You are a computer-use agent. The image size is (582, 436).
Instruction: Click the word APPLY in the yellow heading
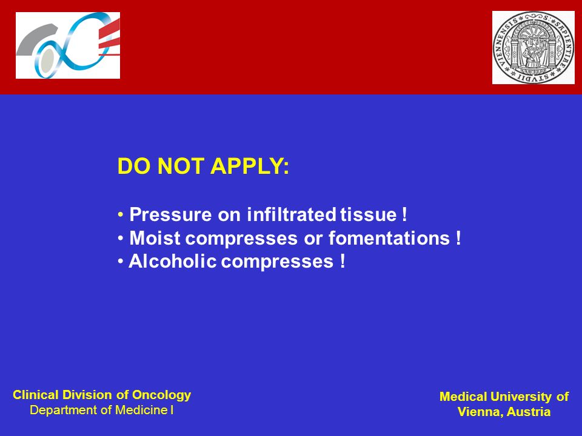point(250,166)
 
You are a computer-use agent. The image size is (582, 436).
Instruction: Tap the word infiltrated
point(292,214)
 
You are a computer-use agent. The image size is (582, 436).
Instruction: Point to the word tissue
point(369,214)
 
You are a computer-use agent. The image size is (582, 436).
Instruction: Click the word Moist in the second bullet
point(155,238)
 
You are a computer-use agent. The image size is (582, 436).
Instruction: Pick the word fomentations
point(389,238)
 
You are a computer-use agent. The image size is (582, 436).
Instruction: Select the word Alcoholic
point(173,261)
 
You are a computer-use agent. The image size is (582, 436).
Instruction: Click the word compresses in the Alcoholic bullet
point(277,262)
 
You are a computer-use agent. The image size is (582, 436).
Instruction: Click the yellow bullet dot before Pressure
point(120,214)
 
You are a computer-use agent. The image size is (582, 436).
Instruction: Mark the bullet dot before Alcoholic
point(120,262)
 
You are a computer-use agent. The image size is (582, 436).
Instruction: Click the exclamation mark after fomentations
point(459,237)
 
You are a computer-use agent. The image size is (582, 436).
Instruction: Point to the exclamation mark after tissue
point(404,214)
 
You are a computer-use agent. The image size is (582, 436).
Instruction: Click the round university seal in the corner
point(533,47)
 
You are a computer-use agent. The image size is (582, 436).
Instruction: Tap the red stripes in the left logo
point(109,38)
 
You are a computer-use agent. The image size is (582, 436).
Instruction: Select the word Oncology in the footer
point(161,395)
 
